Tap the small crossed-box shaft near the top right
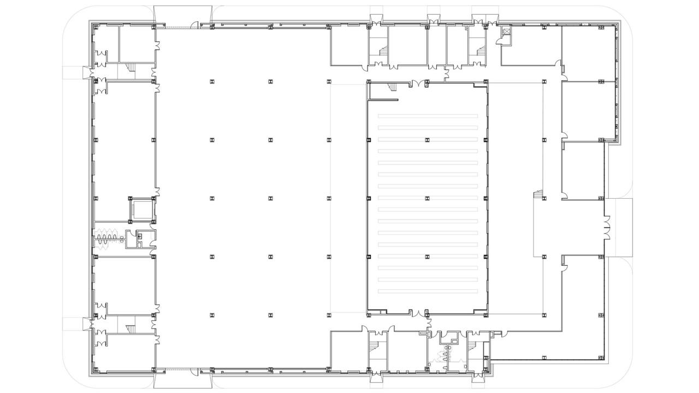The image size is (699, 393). point(506,32)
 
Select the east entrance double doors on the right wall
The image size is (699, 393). point(606,227)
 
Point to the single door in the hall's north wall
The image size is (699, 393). point(194,24)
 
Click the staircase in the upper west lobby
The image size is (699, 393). point(130,67)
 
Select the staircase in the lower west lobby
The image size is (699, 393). point(130,329)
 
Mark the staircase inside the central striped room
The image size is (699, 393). point(392,86)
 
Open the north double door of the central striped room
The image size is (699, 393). point(419,84)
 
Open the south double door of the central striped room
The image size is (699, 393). point(419,314)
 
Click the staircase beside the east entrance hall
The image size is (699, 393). point(538,194)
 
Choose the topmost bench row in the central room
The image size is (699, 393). point(428,115)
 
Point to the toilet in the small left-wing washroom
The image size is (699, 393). point(140,236)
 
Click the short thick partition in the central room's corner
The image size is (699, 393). point(383,100)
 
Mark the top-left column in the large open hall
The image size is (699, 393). point(211,81)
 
